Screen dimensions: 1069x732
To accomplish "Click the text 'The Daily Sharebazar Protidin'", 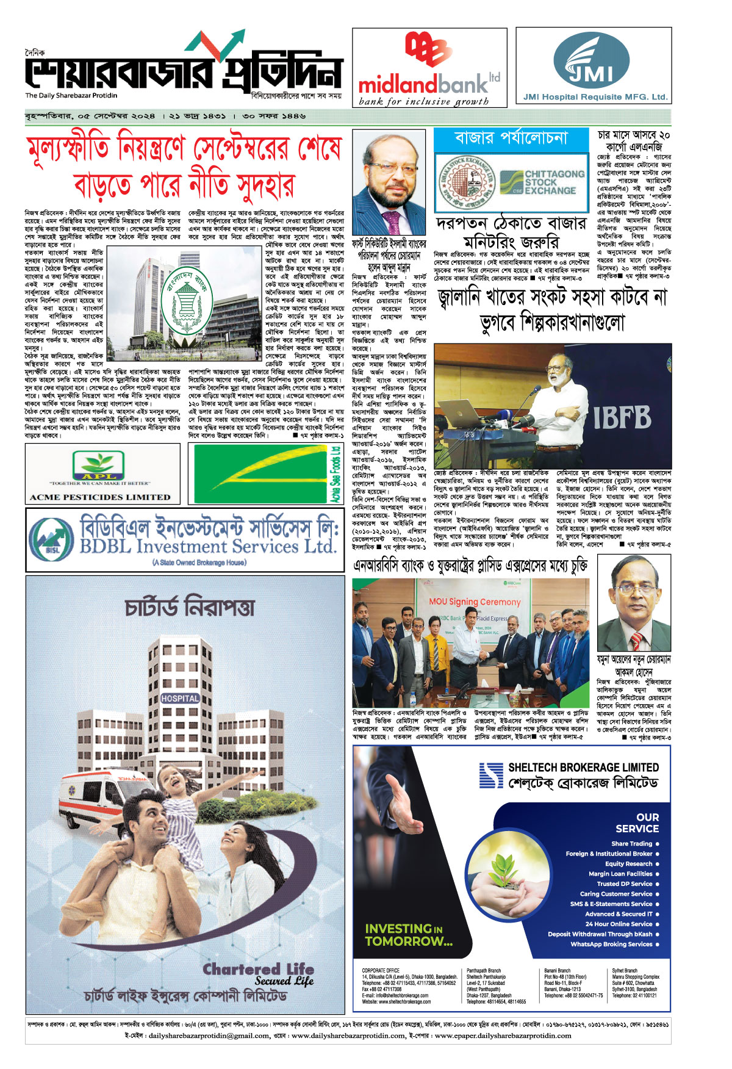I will tap(71, 95).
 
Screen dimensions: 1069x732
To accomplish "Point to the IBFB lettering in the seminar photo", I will tap(622, 418).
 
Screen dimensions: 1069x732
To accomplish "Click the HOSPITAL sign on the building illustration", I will tap(179, 698).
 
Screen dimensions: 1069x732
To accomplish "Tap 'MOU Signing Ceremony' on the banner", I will tap(475, 602).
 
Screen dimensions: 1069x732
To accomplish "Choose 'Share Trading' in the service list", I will tap(631, 844).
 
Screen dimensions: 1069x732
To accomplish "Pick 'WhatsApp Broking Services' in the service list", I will tap(611, 945).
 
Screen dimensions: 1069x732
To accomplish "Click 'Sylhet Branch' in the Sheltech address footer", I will tap(625, 970).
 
